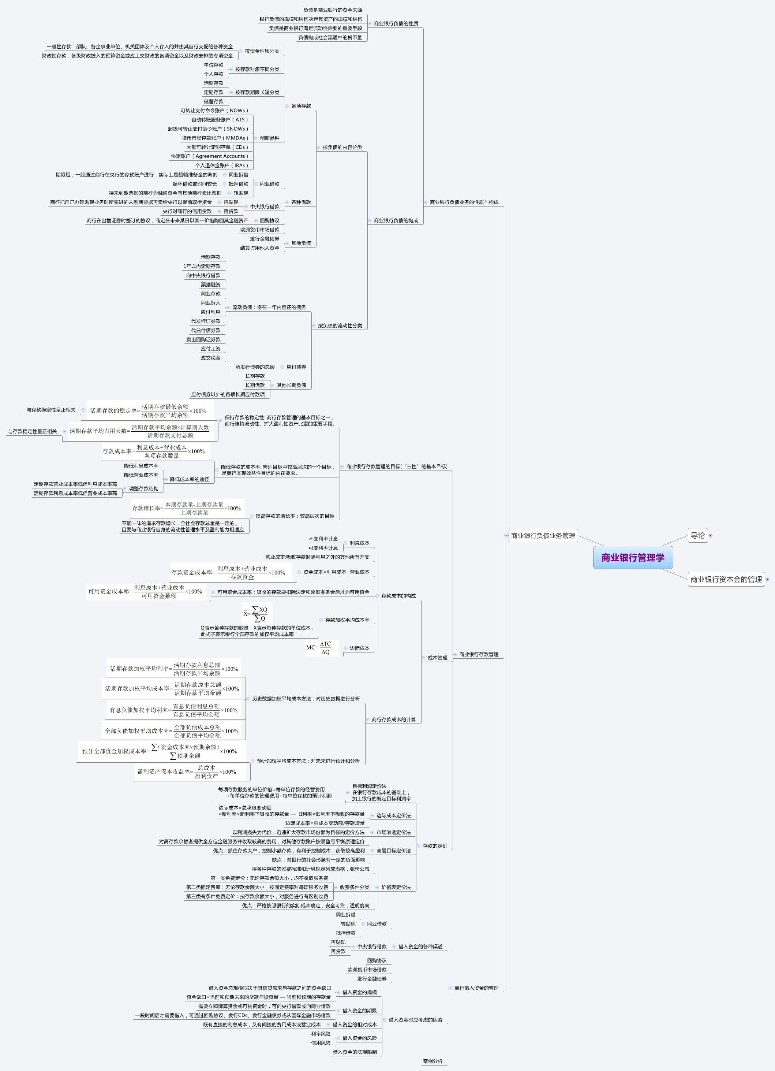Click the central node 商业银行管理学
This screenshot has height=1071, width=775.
632,557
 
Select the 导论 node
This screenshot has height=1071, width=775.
697,535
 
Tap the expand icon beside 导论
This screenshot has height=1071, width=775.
710,535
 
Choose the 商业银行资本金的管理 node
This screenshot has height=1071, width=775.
726,579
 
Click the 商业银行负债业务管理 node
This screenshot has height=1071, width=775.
543,535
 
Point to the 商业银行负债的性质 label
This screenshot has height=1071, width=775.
396,23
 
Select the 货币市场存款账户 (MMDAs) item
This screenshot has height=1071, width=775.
215,138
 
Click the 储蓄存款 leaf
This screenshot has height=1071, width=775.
213,101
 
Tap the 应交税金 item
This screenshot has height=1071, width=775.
210,358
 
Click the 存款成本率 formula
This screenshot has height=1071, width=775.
154,451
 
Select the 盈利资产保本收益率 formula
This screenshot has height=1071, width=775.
187,771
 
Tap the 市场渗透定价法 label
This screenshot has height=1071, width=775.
393,832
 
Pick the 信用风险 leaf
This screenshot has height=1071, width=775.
321,1043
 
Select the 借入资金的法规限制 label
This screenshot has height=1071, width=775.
355,1052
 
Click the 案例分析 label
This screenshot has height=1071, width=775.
433,1061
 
